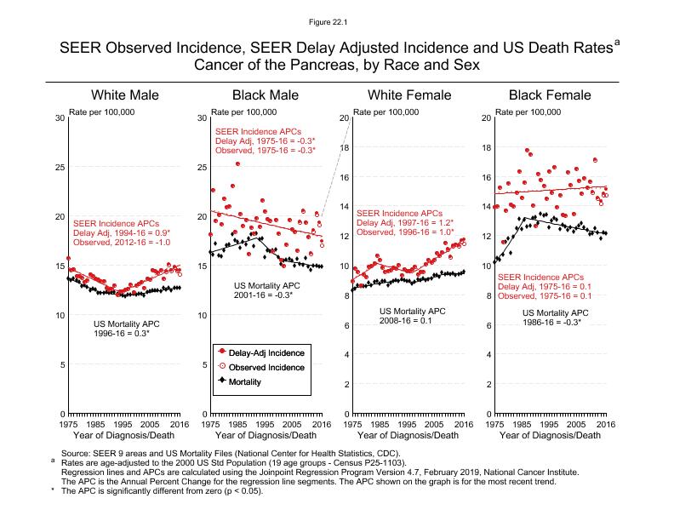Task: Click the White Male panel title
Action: pos(125,94)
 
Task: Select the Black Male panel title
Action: pos(266,94)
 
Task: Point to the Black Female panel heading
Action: pos(551,94)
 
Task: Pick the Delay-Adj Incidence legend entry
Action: pos(264,352)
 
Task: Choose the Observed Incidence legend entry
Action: pos(264,367)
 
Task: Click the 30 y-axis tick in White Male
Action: pos(60,117)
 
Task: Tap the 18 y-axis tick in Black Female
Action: pos(487,147)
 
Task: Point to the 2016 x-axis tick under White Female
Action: pos(463,423)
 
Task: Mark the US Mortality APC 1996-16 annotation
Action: pos(126,329)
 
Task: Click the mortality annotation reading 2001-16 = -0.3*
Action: pos(263,295)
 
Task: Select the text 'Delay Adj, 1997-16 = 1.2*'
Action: pos(405,222)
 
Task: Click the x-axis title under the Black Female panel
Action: pos(549,436)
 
